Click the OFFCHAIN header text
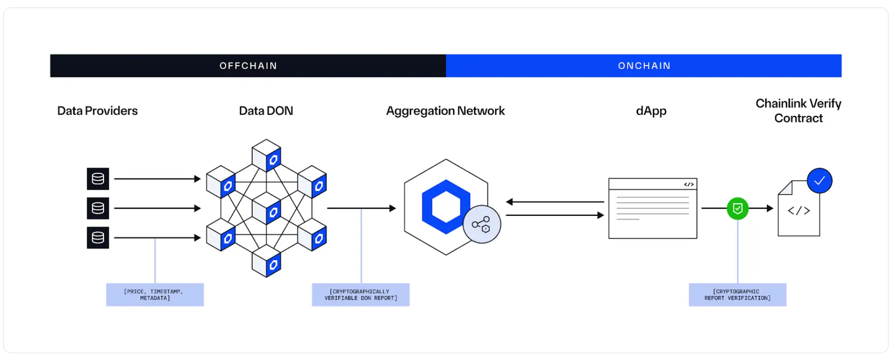pyautogui.click(x=248, y=66)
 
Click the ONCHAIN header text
pyautogui.click(x=644, y=66)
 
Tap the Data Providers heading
pyautogui.click(x=97, y=111)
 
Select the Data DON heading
pyautogui.click(x=266, y=111)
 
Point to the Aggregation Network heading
pyautogui.click(x=445, y=111)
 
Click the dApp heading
pyautogui.click(x=651, y=111)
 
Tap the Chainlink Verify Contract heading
pyautogui.click(x=798, y=111)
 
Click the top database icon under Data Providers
pyautogui.click(x=98, y=179)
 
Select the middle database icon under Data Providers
pyautogui.click(x=98, y=208)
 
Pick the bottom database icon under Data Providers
pyautogui.click(x=98, y=237)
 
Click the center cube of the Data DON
pyautogui.click(x=267, y=208)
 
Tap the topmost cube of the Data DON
pyautogui.click(x=267, y=155)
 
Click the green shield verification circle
pyautogui.click(x=737, y=209)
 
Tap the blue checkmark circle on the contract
pyautogui.click(x=819, y=181)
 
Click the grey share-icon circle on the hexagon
pyautogui.click(x=481, y=224)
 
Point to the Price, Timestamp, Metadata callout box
pyautogui.click(x=155, y=295)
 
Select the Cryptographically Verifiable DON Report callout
pyautogui.click(x=360, y=295)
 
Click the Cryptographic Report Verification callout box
pyautogui.click(x=737, y=295)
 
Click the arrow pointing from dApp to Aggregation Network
pyautogui.click(x=554, y=202)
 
